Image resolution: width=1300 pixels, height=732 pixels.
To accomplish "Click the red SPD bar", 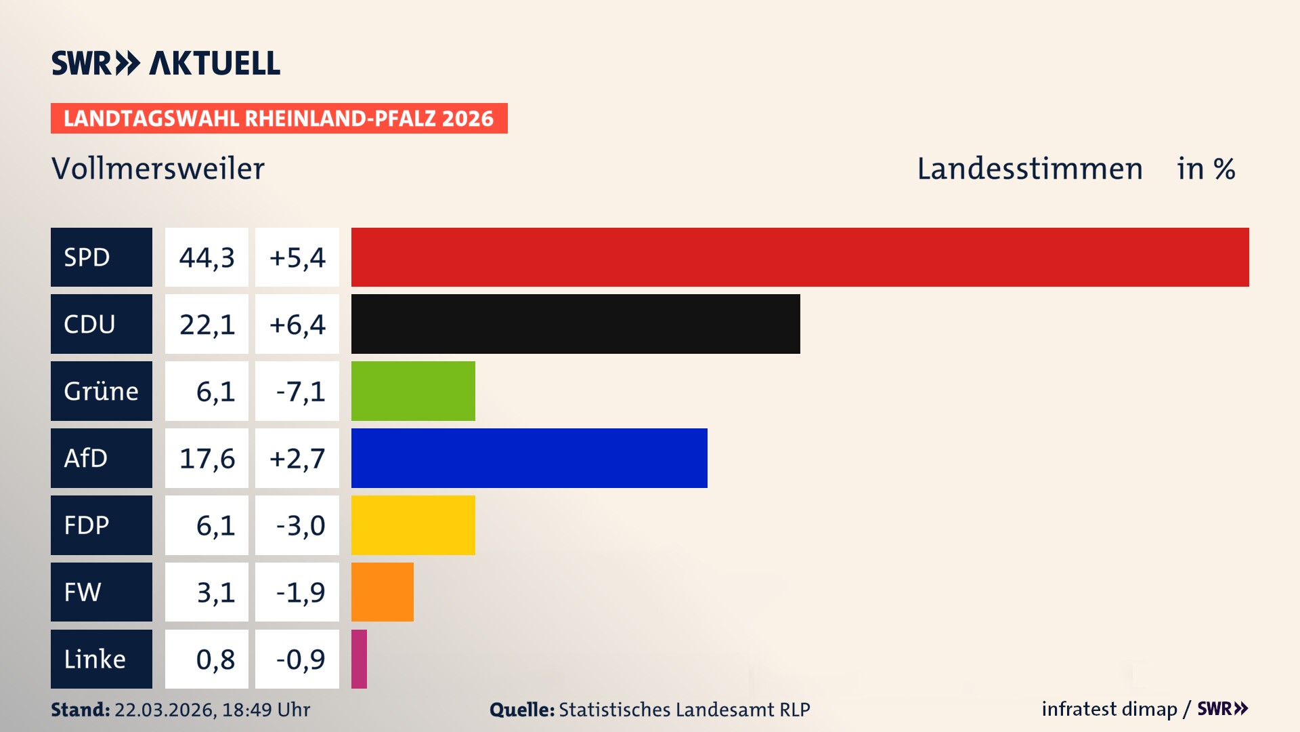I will (x=799, y=257).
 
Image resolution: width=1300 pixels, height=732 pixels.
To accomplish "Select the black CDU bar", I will (x=576, y=324).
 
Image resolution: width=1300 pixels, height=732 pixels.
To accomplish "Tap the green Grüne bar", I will (x=413, y=391).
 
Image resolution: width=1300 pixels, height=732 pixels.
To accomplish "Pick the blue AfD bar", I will (x=529, y=458).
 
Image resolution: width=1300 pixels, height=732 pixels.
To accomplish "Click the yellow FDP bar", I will (x=413, y=525).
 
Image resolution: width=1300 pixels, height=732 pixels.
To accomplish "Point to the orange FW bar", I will (x=382, y=592).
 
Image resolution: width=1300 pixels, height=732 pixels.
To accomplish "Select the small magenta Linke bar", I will (x=359, y=659).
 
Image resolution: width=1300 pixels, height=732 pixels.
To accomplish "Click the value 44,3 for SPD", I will (x=207, y=258).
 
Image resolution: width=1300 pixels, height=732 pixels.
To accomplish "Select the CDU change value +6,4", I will (x=297, y=324).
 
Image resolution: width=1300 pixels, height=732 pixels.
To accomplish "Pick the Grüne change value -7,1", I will (x=300, y=391).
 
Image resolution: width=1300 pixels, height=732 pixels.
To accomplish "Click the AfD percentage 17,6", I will (x=207, y=458).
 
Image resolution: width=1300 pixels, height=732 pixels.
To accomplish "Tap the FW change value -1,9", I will (x=300, y=592).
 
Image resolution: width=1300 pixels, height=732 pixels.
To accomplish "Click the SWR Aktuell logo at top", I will (x=165, y=63).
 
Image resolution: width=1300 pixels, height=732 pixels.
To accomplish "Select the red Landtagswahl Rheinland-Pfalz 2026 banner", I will (x=278, y=118).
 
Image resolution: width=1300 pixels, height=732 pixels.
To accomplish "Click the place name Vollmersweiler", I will (x=158, y=168).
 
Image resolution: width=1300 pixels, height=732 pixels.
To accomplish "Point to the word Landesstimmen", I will (x=1029, y=168).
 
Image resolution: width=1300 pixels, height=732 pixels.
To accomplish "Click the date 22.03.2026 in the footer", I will (x=165, y=710).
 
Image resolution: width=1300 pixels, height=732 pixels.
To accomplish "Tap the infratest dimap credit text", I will (x=1108, y=709).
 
